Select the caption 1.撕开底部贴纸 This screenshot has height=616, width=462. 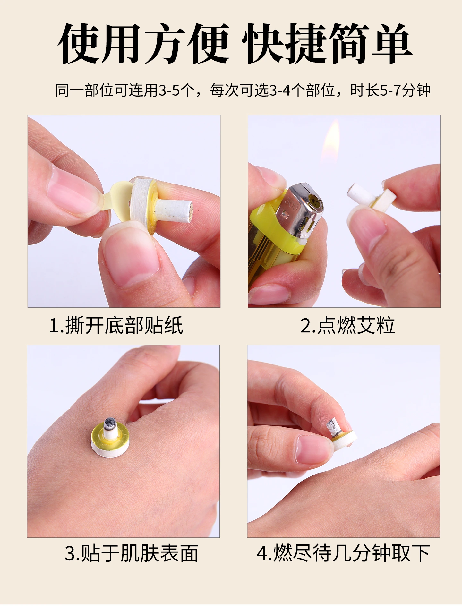(x=116, y=325)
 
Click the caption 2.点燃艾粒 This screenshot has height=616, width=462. (x=347, y=325)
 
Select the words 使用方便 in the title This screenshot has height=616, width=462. (x=143, y=43)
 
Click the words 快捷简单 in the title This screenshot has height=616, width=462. (x=327, y=43)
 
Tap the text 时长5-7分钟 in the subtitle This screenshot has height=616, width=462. (x=390, y=90)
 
